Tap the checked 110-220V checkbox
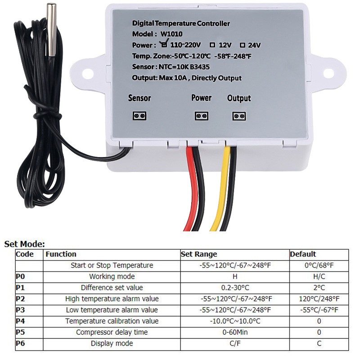164,45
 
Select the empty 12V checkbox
212,45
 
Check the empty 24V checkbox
242,45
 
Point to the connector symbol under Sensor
139,116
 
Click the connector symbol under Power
201,116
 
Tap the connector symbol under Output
238,116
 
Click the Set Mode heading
25,244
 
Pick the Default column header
303,254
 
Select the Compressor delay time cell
112,332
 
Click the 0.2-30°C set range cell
235,288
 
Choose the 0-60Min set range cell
235,332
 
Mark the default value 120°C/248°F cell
319,298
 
